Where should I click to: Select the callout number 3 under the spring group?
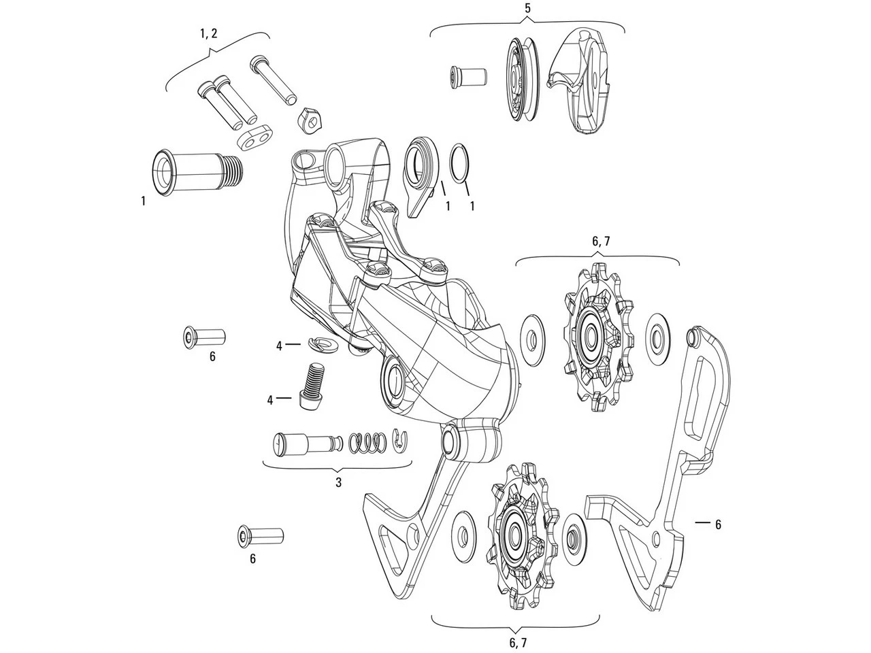coord(338,482)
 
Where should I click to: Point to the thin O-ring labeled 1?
coord(460,164)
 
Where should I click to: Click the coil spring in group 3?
coord(366,442)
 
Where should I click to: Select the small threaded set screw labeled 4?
coord(312,384)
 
